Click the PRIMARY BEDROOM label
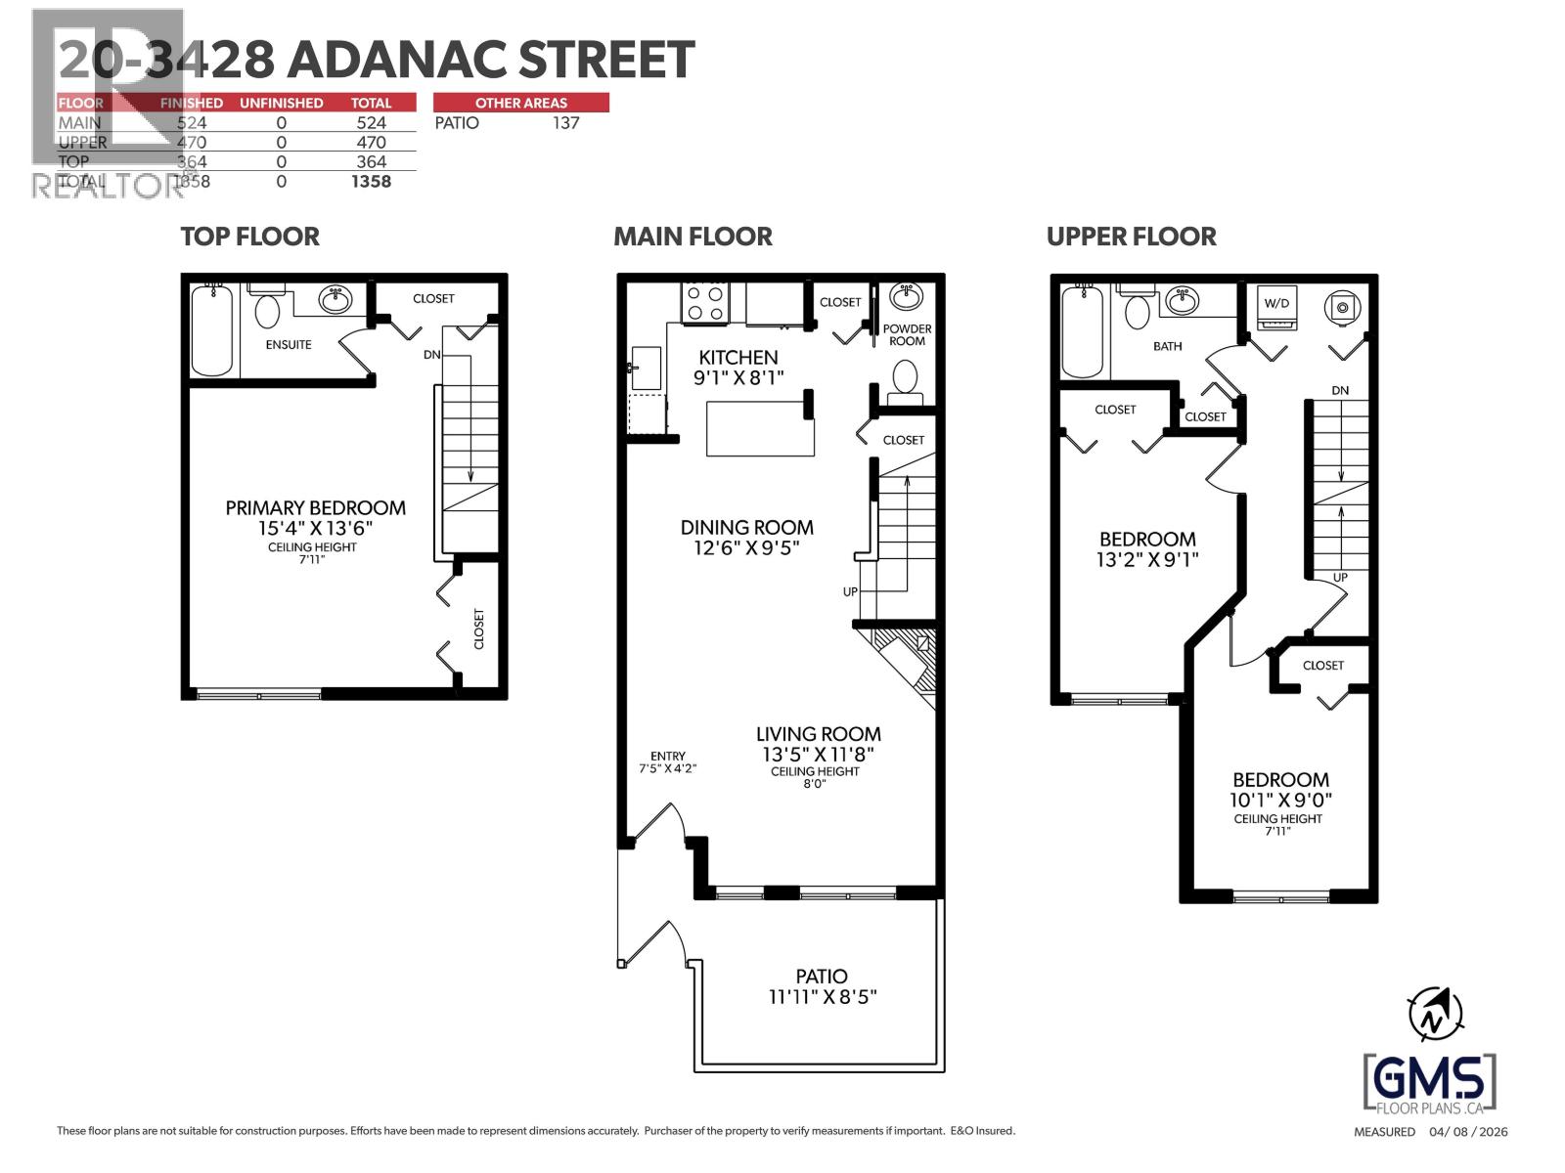click(x=315, y=507)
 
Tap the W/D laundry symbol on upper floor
click(x=1276, y=304)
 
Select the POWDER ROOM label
click(x=907, y=334)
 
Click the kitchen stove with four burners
click(x=706, y=300)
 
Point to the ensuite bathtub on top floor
click(x=211, y=330)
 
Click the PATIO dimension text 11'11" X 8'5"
click(x=821, y=998)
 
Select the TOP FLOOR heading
click(x=249, y=237)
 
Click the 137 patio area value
click(x=565, y=123)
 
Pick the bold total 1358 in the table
click(x=371, y=182)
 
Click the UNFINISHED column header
click(x=281, y=103)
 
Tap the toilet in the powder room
click(x=905, y=377)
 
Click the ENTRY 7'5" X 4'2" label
click(x=668, y=761)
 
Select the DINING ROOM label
click(x=746, y=527)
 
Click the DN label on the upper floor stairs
click(x=1339, y=390)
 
